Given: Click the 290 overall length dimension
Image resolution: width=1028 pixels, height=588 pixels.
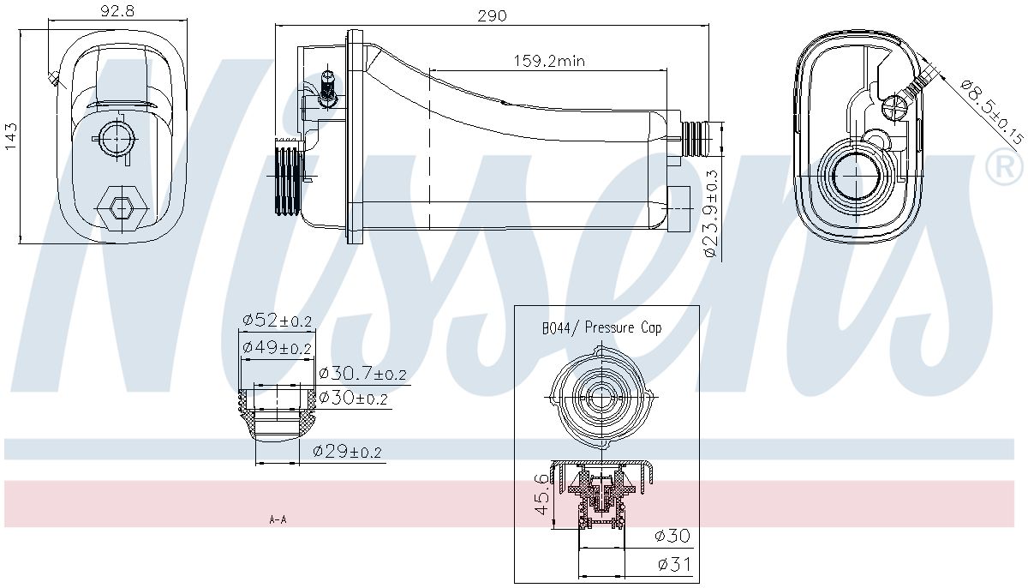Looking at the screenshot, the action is [492, 16].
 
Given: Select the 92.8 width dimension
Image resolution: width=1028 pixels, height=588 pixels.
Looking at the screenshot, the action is [117, 10].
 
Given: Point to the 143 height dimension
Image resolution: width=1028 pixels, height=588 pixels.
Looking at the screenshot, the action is [10, 136].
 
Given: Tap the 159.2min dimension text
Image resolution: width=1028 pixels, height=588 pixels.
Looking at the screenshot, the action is [549, 61].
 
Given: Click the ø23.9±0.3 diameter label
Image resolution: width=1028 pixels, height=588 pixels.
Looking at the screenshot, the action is [709, 213].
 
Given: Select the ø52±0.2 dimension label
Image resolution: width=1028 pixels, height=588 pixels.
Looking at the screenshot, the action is [278, 320].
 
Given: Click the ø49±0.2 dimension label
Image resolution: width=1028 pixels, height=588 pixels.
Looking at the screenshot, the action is [278, 347].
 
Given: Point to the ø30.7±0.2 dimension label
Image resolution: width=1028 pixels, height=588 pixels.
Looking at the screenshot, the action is [362, 374].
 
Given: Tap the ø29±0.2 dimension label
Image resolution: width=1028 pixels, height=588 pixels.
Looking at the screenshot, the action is [347, 452].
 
